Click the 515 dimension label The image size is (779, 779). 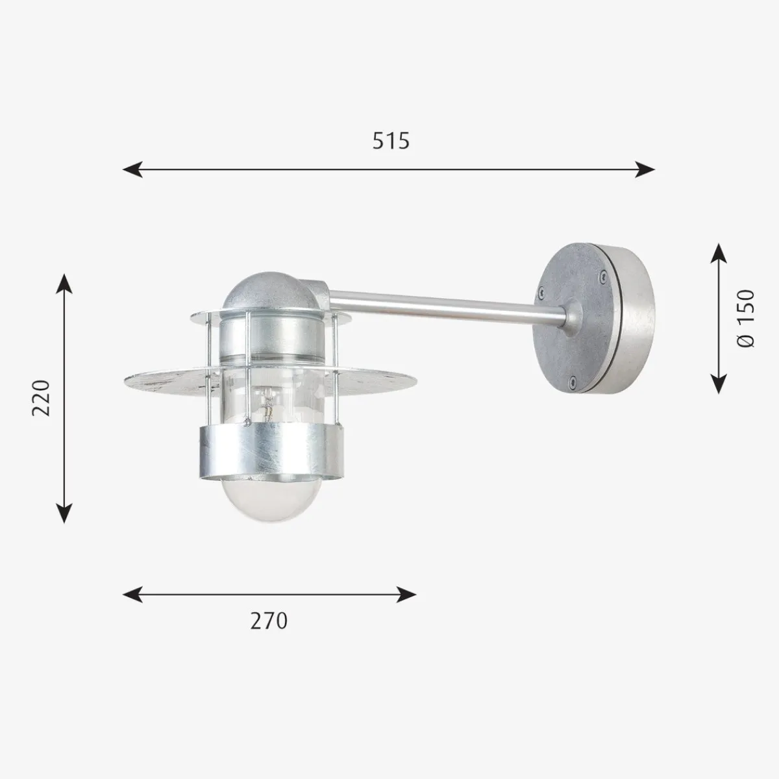[391, 141]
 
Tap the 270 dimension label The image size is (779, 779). [269, 621]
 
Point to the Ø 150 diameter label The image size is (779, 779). [746, 319]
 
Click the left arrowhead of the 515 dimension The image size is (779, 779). [132, 169]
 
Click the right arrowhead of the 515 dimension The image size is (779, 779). [645, 169]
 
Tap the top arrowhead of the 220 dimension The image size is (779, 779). [64, 284]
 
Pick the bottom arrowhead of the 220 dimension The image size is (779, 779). [64, 513]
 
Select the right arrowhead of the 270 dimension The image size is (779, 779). [406, 594]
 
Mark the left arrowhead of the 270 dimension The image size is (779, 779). [132, 594]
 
